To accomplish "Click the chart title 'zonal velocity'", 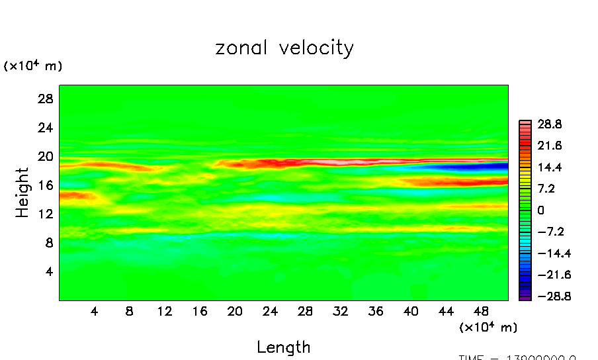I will (284, 48).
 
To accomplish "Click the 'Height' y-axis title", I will (22, 193).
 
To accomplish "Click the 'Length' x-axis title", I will (283, 347).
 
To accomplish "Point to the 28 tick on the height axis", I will (44, 99).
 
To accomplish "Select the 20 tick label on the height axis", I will (44, 157).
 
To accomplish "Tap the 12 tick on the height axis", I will (44, 214).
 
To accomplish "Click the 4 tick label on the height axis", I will (48, 271).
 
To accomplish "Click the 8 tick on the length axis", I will (130, 310).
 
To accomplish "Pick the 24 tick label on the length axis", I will (269, 310).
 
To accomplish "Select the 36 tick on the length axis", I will (376, 310).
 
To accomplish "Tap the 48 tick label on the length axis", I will (482, 310).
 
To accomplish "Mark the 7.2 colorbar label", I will (546, 189).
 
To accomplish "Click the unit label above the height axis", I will (33, 66).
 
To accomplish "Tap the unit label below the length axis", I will (488, 327).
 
